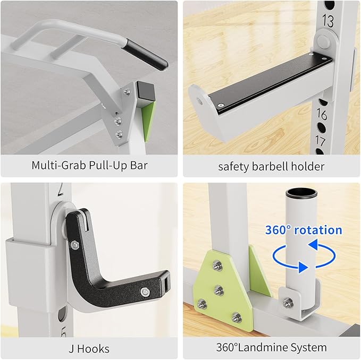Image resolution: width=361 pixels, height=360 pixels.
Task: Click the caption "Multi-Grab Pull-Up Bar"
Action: click(89, 165)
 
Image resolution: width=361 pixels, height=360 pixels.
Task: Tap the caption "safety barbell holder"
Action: click(271, 166)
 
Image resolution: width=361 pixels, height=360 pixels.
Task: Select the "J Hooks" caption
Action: click(89, 348)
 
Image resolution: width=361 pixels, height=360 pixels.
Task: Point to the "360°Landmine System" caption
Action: click(271, 348)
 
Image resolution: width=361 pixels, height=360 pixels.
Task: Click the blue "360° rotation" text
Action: click(304, 230)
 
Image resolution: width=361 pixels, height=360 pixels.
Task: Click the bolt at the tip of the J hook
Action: click(145, 292)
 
